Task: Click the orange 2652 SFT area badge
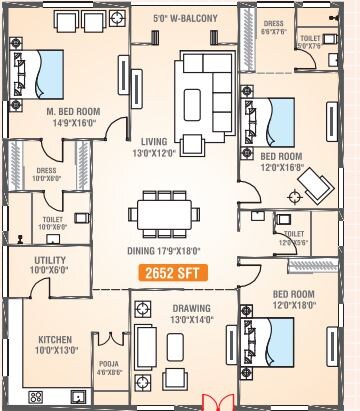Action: coord(173,269)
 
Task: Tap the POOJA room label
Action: coord(109,367)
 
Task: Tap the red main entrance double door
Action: coord(215,403)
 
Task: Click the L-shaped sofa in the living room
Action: coord(203,90)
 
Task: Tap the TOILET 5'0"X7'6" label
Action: coord(310,41)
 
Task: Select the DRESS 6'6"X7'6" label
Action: coord(273,26)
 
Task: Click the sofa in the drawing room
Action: coord(145,347)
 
